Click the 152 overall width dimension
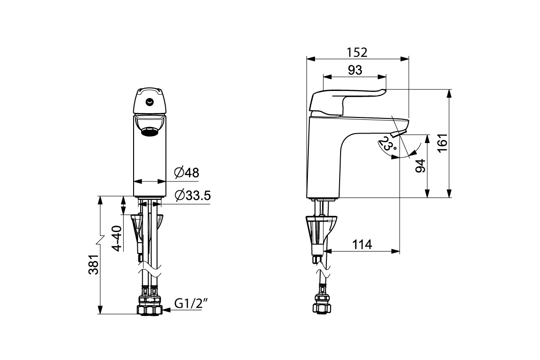click(x=357, y=52)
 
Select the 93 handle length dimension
click(x=355, y=70)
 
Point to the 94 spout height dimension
click(x=420, y=166)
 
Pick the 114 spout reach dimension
click(x=362, y=245)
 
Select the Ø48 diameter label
click(x=186, y=173)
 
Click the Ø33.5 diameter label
click(x=192, y=195)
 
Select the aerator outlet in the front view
click(x=150, y=131)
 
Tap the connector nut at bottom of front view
click(x=150, y=307)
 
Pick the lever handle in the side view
click(x=346, y=99)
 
